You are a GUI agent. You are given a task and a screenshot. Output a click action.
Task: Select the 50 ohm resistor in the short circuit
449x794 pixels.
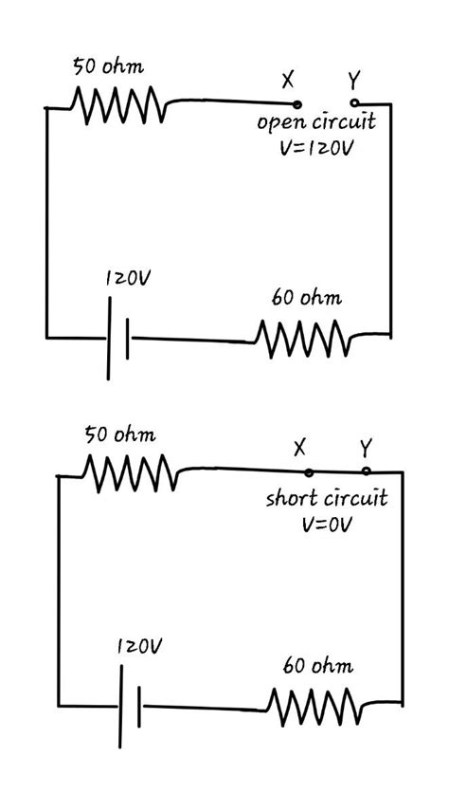(x=130, y=472)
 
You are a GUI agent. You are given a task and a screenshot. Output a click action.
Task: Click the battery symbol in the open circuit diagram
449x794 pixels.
(x=118, y=338)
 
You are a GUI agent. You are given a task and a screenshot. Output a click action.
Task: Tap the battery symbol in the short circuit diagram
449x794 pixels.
(x=131, y=707)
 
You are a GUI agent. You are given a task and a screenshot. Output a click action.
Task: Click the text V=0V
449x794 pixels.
(x=326, y=524)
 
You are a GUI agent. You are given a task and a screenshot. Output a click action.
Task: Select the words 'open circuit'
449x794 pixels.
(x=316, y=122)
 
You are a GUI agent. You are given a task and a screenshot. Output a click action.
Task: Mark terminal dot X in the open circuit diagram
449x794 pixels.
(x=297, y=104)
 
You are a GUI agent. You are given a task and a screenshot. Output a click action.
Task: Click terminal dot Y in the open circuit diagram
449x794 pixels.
(x=353, y=102)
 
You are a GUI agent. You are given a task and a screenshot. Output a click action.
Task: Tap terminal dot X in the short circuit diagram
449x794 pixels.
(x=309, y=471)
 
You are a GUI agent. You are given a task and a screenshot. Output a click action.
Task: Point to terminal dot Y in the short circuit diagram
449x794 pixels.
(x=366, y=471)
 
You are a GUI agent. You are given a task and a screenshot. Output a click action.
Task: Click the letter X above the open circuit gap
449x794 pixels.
(x=288, y=80)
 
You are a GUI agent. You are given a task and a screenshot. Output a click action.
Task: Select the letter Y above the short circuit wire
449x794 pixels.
(x=366, y=447)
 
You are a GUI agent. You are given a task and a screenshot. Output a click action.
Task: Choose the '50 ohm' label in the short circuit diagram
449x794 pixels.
(x=120, y=435)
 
